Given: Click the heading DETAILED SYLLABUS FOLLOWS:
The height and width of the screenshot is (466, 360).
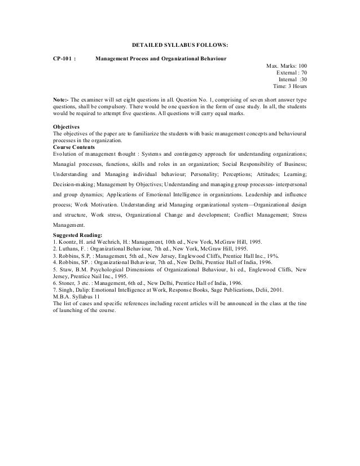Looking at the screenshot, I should pos(179,43).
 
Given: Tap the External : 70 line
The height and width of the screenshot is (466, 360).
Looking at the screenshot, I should pos(291,73).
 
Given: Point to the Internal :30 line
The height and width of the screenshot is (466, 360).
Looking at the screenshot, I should pos(293,80).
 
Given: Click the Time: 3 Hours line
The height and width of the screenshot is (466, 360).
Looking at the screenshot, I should pos(290,87).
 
